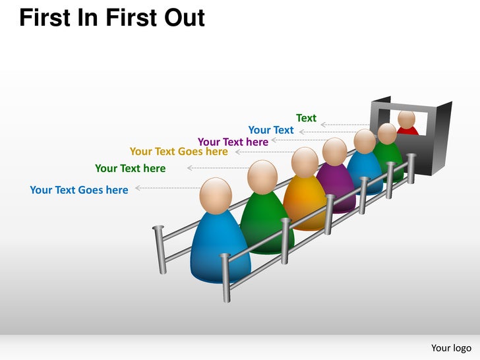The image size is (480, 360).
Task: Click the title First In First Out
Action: coord(112,18)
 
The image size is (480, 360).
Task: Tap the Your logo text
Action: coord(451,347)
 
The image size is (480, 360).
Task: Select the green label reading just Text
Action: coord(306,118)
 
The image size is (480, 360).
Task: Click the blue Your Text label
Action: coord(271,130)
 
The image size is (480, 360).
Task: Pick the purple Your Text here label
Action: coord(233,142)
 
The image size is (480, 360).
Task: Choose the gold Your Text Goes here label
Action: coord(179,152)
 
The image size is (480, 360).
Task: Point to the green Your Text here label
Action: coord(131,168)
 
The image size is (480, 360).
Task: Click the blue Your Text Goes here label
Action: coord(79,190)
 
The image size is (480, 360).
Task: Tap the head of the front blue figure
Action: coord(216,195)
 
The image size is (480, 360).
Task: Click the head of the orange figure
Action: coord(305,162)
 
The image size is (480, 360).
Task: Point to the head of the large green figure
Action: coord(262,177)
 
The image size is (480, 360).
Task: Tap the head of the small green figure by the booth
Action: coord(387,134)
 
